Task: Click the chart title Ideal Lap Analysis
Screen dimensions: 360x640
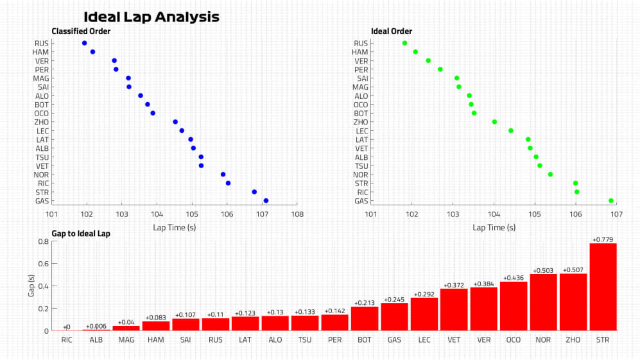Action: (x=151, y=17)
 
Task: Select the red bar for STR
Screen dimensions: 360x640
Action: (x=603, y=287)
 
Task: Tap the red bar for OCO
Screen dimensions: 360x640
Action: (x=514, y=306)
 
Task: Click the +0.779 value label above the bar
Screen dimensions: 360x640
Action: (x=603, y=239)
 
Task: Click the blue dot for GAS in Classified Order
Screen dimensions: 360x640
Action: (x=266, y=200)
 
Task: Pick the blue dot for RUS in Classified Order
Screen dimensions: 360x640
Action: (x=84, y=43)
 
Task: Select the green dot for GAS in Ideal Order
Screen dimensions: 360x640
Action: (x=611, y=200)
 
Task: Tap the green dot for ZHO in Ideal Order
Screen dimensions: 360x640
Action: (x=494, y=122)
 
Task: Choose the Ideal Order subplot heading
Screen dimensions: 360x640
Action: (x=392, y=31)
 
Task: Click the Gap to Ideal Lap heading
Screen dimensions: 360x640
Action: (x=81, y=234)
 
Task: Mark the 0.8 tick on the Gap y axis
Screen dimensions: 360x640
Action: (x=44, y=242)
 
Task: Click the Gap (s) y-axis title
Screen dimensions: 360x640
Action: (x=30, y=286)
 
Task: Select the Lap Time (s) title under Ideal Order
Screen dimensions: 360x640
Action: (x=494, y=227)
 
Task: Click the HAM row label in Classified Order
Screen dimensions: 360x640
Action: (x=41, y=52)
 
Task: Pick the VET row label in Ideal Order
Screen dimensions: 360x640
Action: (x=361, y=148)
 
